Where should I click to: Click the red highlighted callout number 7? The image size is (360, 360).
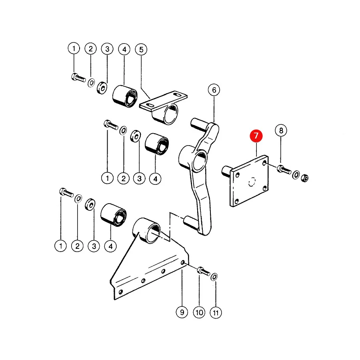[256, 136]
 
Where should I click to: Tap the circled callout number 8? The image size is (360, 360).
[281, 130]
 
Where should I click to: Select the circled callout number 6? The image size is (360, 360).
[214, 90]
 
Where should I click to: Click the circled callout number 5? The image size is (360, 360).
[141, 49]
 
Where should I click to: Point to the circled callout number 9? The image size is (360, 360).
[182, 312]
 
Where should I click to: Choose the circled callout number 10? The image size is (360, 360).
[199, 312]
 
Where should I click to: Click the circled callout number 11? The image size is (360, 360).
[216, 313]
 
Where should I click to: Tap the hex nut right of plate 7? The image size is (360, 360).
[305, 178]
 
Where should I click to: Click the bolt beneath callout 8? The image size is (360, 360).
[284, 170]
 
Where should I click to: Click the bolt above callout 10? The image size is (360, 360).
[204, 271]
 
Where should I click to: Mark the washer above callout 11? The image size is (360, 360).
[214, 277]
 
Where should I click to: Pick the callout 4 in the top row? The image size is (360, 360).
[124, 49]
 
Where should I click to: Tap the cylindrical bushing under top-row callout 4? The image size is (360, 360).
[125, 96]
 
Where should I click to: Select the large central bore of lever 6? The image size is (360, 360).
[200, 162]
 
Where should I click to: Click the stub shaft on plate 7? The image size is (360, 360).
[227, 171]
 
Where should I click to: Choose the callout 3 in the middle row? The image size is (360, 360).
[139, 179]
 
